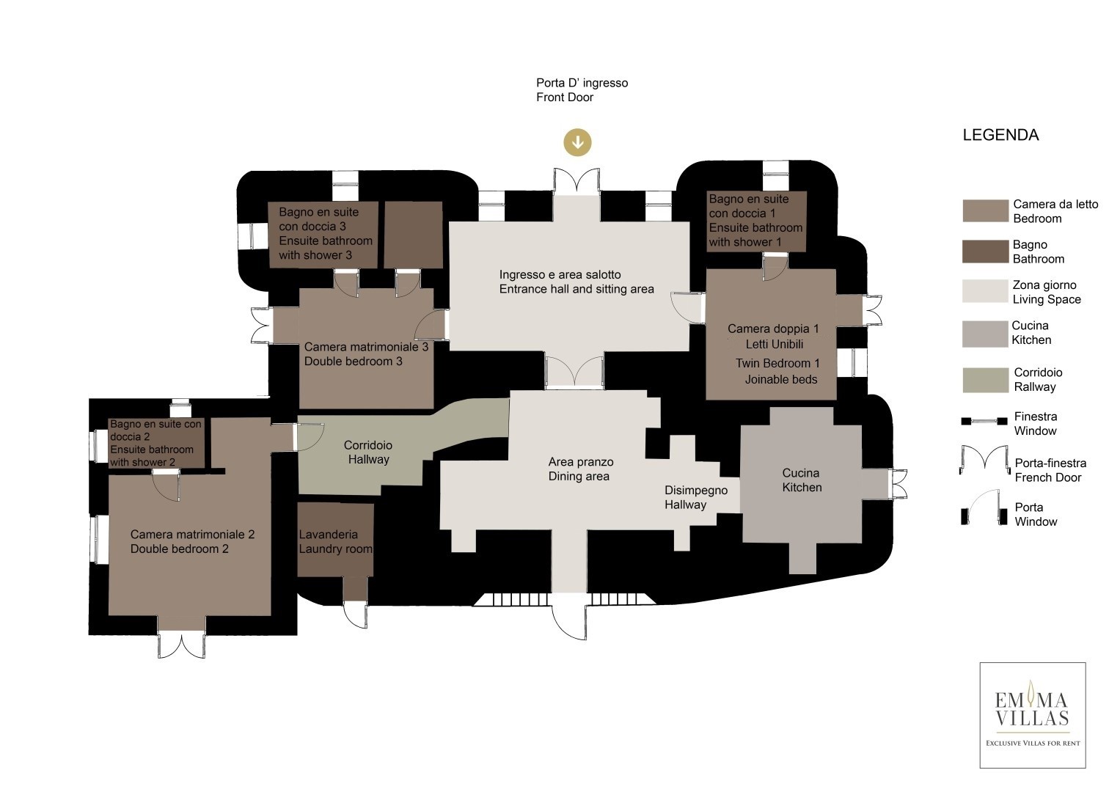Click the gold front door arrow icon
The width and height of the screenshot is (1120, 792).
pos(577,142)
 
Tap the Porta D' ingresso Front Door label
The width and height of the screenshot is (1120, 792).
pos(582,90)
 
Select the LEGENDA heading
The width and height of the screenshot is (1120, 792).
pos(1000,135)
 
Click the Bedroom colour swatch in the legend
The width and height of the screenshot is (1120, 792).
pos(985,210)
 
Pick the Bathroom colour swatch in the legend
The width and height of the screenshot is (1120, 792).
pos(985,251)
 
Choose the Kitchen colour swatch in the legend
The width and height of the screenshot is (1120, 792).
pos(985,334)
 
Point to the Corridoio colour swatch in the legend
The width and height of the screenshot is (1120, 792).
pos(985,380)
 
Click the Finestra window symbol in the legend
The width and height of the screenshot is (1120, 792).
pos(984,421)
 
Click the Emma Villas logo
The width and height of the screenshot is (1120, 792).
pos(1033,715)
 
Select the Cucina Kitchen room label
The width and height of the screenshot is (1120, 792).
pos(802,480)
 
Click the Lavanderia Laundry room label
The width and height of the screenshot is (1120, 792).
pos(335,541)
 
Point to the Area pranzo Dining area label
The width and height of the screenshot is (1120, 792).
pos(580,469)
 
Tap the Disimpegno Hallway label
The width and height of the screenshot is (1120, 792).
pos(696,497)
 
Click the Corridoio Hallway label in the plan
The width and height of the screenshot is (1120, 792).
pos(368,452)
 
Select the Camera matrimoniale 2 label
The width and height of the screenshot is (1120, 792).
pos(192,535)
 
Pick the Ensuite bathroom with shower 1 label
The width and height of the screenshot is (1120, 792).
pos(755,221)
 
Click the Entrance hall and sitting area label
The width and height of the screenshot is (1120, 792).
pos(577,282)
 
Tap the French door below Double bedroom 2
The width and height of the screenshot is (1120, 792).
pos(181,644)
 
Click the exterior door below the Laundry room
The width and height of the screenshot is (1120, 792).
pos(356,615)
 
